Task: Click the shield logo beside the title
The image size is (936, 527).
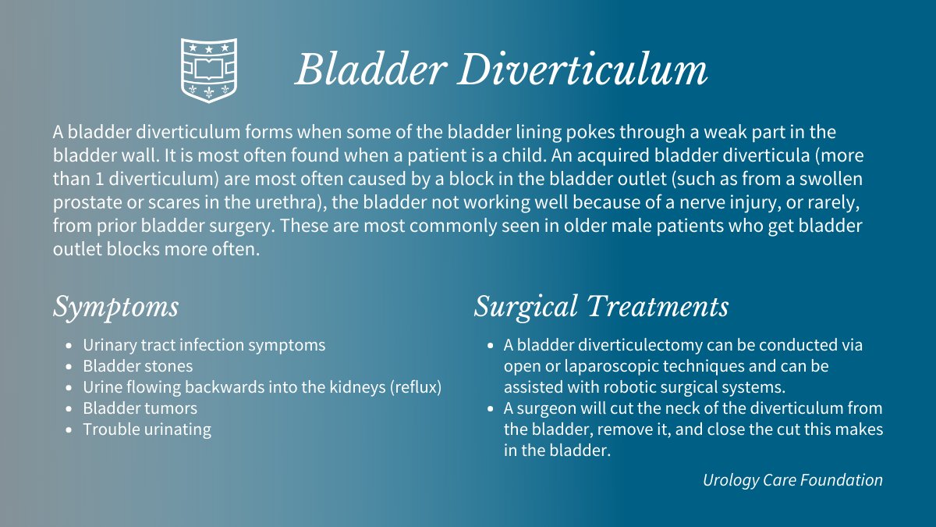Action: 209,70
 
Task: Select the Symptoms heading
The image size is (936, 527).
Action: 115,306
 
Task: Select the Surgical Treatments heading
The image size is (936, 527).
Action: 601,306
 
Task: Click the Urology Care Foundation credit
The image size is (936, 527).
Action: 792,480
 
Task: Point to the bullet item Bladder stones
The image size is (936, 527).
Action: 138,365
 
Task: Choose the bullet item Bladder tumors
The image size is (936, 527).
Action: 140,408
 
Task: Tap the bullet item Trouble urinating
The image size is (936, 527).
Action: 147,429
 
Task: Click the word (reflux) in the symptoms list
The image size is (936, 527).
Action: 416,386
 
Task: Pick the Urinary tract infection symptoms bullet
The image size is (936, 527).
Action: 204,344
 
